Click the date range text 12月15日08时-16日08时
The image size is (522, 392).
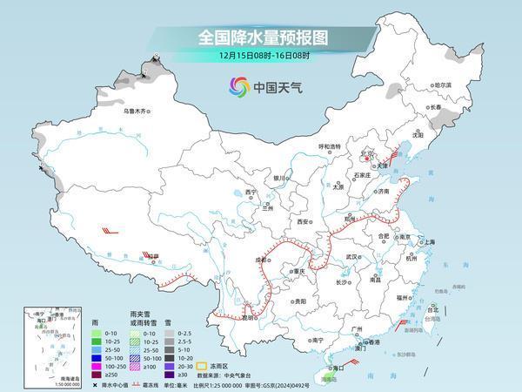click(260, 57)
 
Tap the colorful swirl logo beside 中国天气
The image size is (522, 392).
click(238, 87)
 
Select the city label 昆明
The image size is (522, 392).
click(250, 317)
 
